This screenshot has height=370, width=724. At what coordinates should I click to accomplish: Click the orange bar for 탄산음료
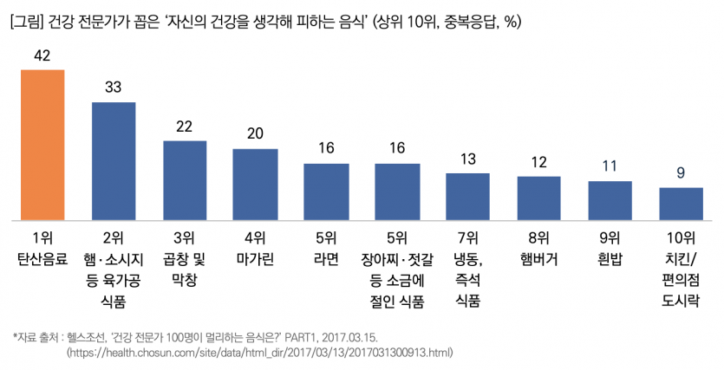click(42, 144)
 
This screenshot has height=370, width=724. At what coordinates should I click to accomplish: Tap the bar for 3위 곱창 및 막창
click(185, 179)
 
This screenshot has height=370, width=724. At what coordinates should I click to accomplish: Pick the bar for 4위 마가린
click(256, 184)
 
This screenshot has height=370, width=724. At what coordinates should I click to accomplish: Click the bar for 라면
click(327, 191)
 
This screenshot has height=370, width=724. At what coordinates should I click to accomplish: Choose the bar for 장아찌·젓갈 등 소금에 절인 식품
click(398, 191)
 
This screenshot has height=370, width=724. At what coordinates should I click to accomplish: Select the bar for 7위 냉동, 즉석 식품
click(468, 196)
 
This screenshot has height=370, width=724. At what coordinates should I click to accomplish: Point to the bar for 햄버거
click(539, 198)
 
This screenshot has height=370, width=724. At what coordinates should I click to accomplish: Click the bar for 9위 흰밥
click(610, 199)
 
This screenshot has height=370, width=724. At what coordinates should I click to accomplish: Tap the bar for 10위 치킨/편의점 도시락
click(682, 203)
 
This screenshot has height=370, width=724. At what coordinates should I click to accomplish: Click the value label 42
click(42, 55)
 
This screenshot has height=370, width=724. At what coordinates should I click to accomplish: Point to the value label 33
click(114, 88)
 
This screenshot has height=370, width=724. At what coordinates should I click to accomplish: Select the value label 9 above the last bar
click(682, 172)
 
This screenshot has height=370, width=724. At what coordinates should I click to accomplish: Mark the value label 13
click(468, 159)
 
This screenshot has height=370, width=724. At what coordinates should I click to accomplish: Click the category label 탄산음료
click(42, 258)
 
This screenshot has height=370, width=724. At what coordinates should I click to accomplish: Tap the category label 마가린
click(256, 258)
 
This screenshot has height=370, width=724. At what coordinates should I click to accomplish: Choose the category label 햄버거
click(539, 258)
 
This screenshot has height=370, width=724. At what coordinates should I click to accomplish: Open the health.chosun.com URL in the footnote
click(260, 353)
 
